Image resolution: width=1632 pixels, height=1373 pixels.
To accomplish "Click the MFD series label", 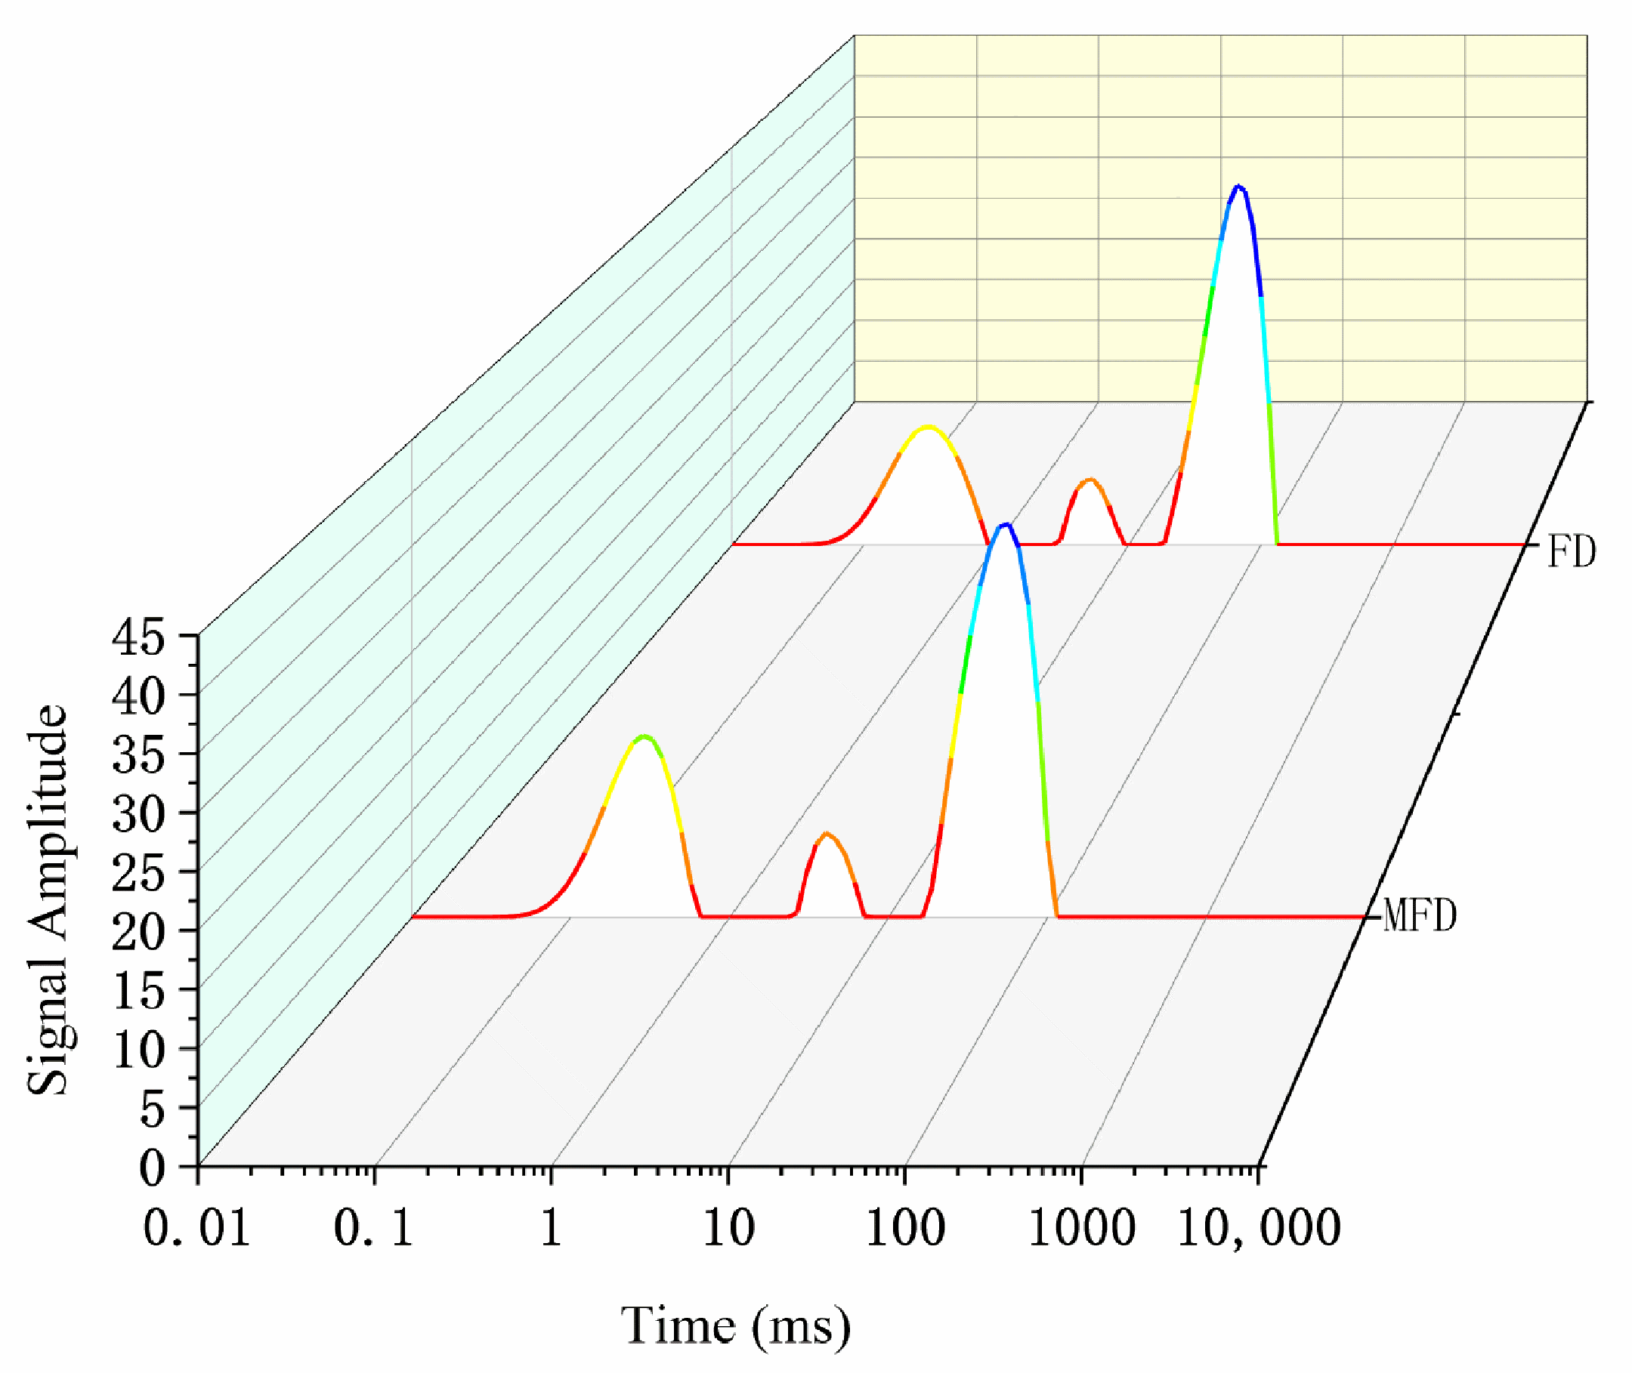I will click(1419, 916).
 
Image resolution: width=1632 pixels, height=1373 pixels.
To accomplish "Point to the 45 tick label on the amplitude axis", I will click(138, 638).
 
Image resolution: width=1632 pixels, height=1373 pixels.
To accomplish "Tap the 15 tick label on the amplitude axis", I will click(138, 992).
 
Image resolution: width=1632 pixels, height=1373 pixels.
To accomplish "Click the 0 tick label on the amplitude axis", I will click(153, 1168).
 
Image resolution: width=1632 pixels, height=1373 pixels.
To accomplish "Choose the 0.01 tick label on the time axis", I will click(197, 1228).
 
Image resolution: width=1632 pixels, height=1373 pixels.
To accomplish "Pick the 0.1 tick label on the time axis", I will click(374, 1228).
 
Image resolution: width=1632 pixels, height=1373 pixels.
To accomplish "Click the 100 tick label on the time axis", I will click(904, 1228).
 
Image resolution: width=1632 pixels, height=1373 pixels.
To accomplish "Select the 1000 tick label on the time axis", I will click(1081, 1228).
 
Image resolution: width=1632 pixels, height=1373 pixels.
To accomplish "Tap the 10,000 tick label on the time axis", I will click(1259, 1228).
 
